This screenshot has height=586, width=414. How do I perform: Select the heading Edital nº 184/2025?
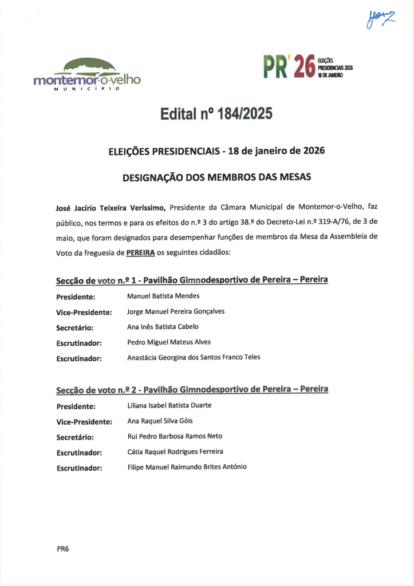click(x=216, y=114)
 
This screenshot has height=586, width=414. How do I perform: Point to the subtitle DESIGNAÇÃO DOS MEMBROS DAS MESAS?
click(x=216, y=177)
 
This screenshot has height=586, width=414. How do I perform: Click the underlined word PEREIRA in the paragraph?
click(x=141, y=252)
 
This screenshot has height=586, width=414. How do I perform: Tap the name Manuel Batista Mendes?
click(x=163, y=296)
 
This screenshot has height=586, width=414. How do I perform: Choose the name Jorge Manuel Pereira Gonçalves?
click(x=176, y=312)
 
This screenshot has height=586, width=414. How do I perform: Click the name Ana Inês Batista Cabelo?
click(x=163, y=327)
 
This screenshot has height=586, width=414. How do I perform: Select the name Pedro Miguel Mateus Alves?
click(x=169, y=342)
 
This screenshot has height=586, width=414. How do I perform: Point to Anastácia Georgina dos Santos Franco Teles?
click(x=194, y=357)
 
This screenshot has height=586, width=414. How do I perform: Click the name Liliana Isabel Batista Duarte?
click(x=169, y=406)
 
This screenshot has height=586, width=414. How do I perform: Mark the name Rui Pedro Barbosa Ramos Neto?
click(x=175, y=436)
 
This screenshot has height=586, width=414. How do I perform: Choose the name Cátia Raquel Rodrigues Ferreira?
click(x=175, y=452)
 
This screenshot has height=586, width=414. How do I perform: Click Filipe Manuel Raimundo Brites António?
click(x=187, y=467)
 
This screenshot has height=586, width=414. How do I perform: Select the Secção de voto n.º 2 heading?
click(x=192, y=390)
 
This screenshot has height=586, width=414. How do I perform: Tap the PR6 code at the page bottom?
click(x=62, y=549)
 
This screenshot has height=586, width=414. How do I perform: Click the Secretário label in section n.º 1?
click(x=74, y=328)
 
